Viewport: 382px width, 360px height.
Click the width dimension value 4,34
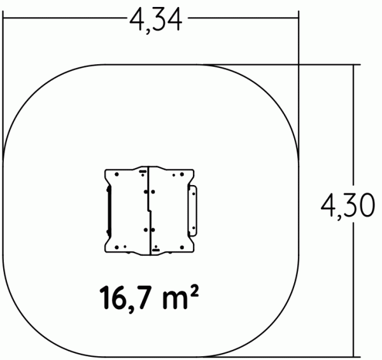(156, 20)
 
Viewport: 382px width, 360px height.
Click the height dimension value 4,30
(348, 206)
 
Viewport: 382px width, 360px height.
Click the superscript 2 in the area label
(194, 291)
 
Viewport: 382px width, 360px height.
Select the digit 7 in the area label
(144, 298)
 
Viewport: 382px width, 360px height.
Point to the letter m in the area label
(174, 301)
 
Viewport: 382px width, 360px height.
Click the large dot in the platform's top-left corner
(117, 174)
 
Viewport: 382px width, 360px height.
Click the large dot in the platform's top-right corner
(181, 174)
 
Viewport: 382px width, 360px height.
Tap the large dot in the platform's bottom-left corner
(117, 247)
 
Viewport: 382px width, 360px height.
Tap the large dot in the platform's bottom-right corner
(181, 247)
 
